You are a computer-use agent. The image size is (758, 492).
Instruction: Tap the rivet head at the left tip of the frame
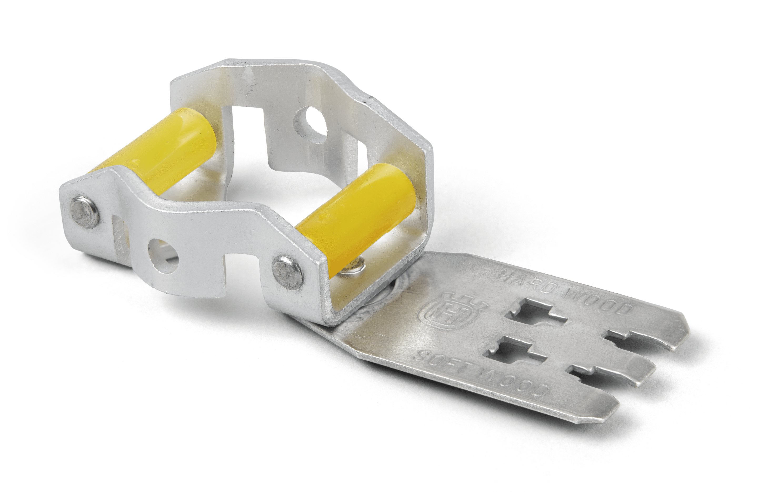coord(84,212)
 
